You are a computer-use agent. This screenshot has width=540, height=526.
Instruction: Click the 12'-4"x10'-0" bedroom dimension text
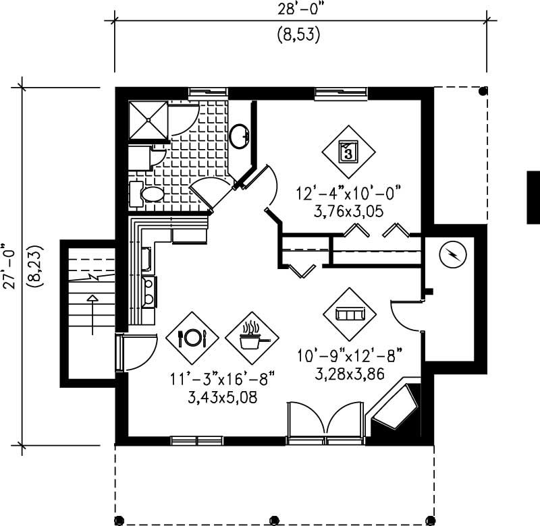tap(348, 193)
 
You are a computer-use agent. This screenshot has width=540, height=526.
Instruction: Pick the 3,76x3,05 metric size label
tap(348, 210)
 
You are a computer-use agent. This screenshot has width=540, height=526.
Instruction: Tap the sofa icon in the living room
tap(349, 314)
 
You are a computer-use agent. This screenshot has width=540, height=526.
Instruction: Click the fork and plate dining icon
tap(192, 337)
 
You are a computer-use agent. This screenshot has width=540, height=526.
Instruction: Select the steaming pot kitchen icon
tap(252, 337)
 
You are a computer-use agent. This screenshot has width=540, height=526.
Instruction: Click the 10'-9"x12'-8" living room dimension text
tap(349, 352)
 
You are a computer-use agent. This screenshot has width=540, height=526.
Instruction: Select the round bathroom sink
tap(239, 136)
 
